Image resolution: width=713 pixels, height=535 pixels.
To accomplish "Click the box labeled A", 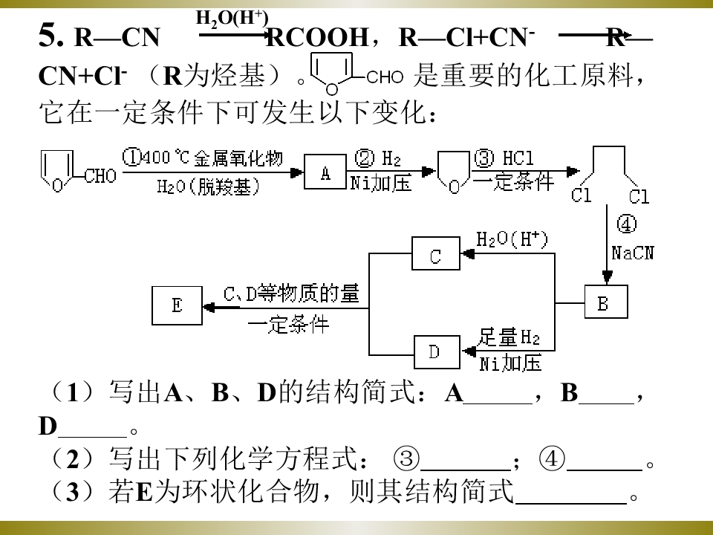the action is click(325, 172).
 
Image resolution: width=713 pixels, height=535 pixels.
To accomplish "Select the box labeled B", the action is click(606, 302).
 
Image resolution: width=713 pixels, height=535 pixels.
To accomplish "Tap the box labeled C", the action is click(436, 253).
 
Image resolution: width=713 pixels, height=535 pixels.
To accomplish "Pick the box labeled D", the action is click(437, 351).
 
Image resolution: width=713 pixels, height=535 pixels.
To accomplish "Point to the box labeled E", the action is click(177, 305).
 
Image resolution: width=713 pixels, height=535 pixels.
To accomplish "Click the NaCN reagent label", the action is click(633, 253).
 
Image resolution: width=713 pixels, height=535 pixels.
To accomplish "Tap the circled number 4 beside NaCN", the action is click(627, 224).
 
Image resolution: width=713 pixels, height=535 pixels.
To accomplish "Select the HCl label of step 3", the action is click(518, 158).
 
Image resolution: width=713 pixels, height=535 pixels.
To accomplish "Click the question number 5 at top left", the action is click(51, 36).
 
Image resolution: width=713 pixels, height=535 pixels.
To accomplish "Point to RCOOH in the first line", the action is click(317, 37).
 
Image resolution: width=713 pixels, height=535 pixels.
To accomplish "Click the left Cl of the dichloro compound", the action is click(582, 195).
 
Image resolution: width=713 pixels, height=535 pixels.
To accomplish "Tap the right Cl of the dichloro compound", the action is click(639, 196).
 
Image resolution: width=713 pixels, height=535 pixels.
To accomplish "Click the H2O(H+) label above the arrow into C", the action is click(512, 239).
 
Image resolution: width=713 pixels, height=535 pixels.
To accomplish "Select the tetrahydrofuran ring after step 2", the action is click(453, 172).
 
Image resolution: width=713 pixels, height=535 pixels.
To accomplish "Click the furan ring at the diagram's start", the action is click(57, 172).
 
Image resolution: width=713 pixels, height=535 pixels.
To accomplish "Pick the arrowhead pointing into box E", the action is click(209, 308).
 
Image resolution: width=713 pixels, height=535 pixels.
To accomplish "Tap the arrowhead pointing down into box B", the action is click(607, 277).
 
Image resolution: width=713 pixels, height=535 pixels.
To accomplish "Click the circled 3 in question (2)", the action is click(406, 458).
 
